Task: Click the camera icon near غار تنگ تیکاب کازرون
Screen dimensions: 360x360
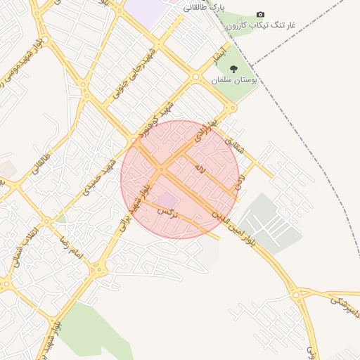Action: pyautogui.click(x=261, y=14)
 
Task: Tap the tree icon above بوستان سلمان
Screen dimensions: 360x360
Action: pyautogui.click(x=233, y=69)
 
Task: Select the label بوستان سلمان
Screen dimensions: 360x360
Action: pyautogui.click(x=234, y=81)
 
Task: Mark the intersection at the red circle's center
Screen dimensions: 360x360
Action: pyautogui.click(x=162, y=169)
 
